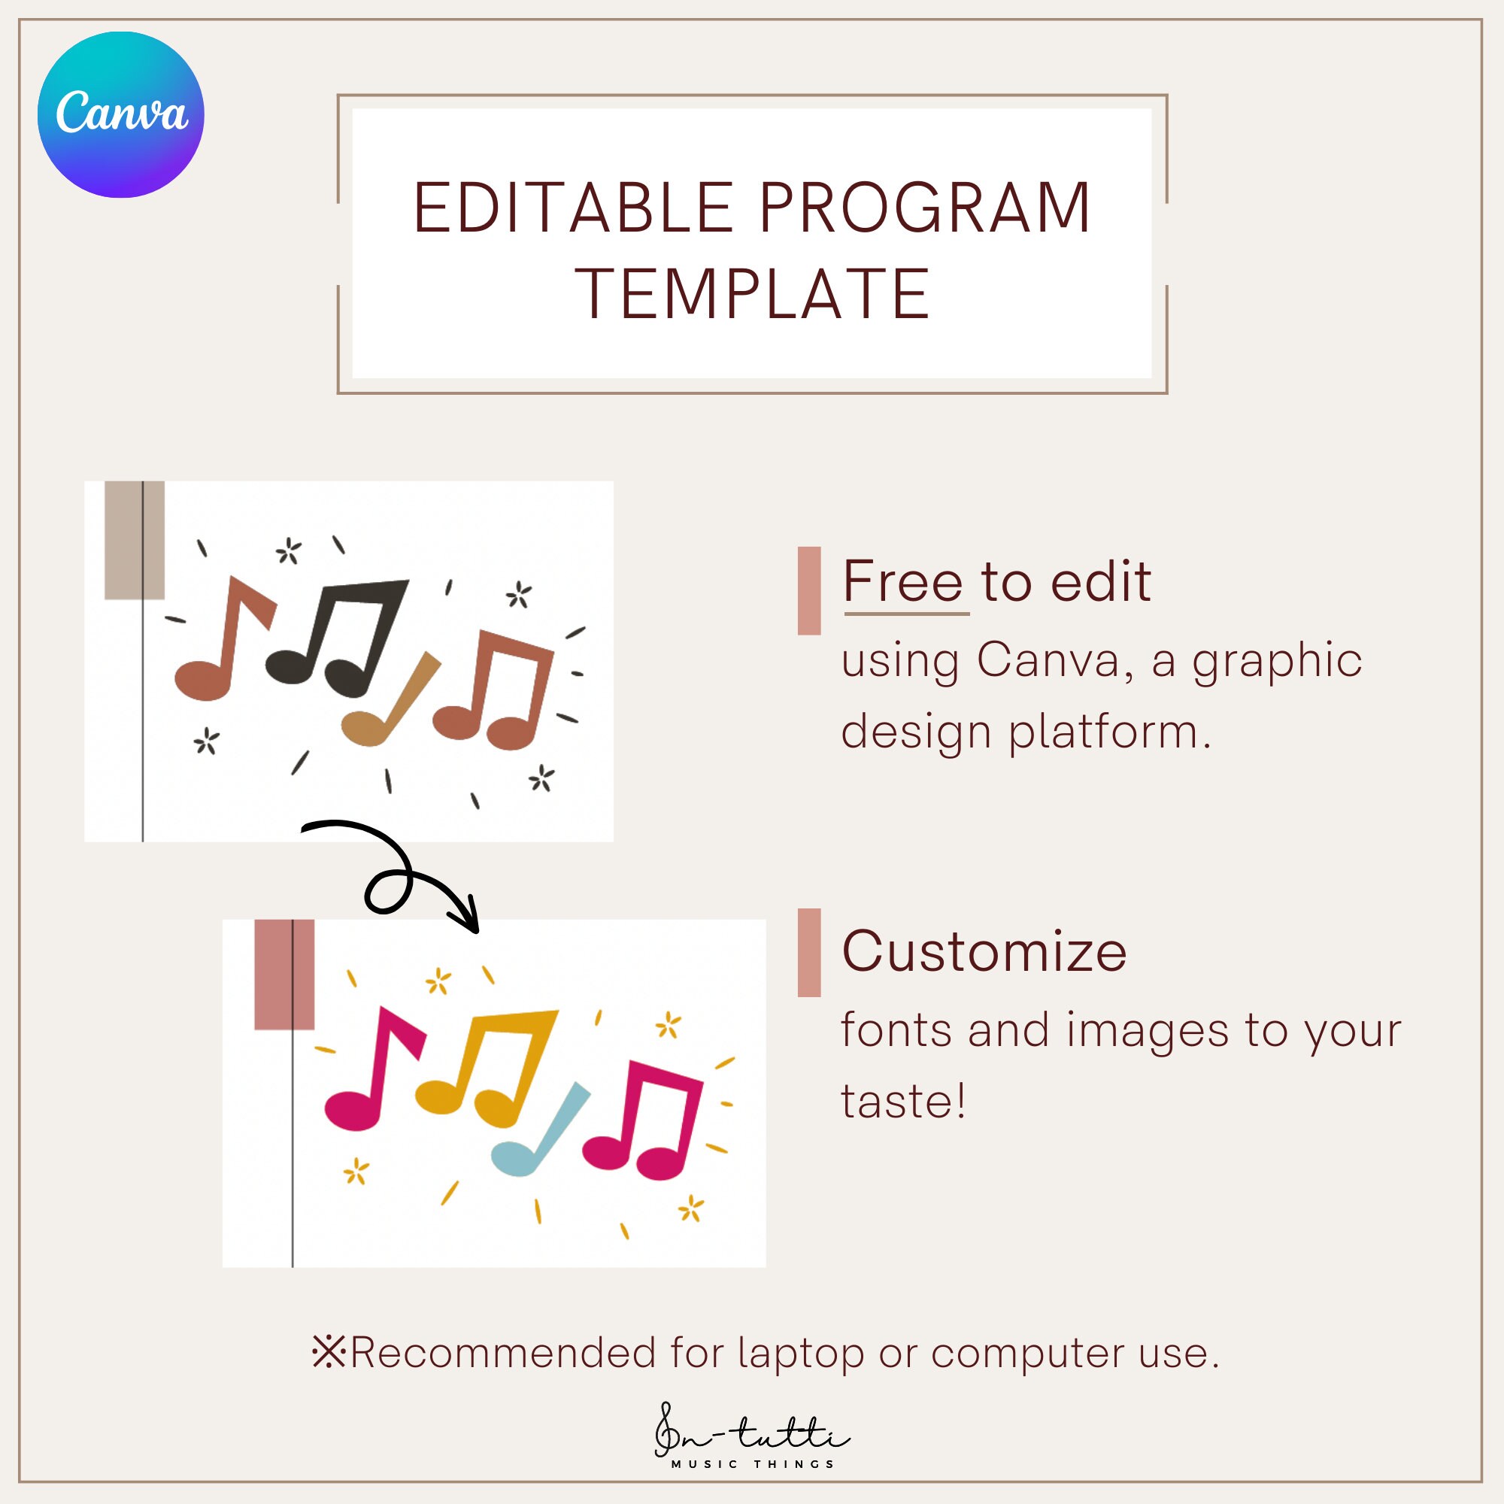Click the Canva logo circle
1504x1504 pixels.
pos(120,114)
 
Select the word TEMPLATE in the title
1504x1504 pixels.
pos(752,294)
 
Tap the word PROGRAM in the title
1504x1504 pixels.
pos(925,208)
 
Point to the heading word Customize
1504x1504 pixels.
pos(984,951)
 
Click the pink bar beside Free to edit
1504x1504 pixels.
pos(809,591)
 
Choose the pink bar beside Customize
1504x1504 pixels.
pos(809,953)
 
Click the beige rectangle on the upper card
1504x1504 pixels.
pos(134,540)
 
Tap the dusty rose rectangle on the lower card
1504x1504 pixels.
pos(284,975)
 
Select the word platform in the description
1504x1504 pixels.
pos(1110,733)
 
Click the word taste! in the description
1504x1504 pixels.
pos(903,1102)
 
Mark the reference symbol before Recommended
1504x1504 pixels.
pos(329,1353)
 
